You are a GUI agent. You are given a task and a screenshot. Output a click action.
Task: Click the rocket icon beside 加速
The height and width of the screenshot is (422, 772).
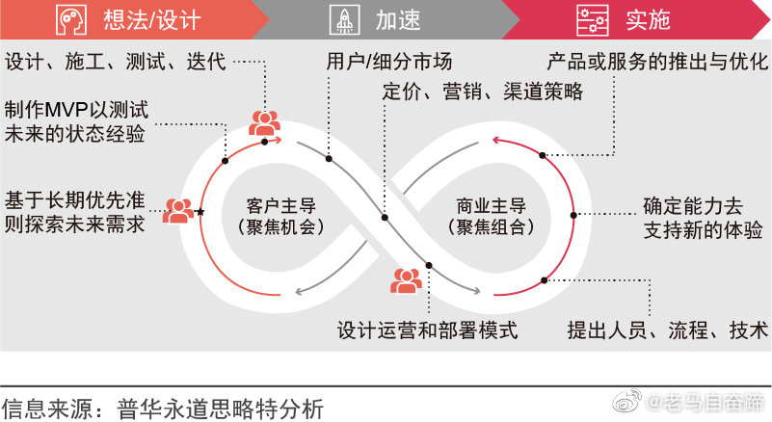click(x=345, y=19)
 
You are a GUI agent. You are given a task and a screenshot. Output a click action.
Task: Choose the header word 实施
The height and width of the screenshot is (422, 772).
click(x=646, y=19)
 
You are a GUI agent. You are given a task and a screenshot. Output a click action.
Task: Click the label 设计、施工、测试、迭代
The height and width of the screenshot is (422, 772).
click(x=116, y=63)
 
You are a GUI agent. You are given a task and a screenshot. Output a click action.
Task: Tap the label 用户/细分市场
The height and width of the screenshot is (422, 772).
click(x=388, y=63)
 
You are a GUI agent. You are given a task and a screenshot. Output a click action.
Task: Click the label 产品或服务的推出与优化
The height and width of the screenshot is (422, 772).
click(x=658, y=63)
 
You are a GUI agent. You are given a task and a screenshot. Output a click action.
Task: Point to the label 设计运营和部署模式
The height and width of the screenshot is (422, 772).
click(x=428, y=330)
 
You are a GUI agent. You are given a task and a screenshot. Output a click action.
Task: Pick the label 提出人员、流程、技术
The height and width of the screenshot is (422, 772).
click(x=668, y=330)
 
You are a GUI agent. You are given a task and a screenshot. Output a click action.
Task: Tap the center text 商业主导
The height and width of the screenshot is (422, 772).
click(x=491, y=205)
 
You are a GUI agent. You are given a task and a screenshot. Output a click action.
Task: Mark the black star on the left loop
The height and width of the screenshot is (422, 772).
click(x=200, y=211)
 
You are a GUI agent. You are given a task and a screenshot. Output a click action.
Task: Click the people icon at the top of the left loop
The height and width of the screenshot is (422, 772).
click(x=264, y=122)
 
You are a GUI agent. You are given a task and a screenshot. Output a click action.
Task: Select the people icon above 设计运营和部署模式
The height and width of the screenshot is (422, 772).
click(x=406, y=280)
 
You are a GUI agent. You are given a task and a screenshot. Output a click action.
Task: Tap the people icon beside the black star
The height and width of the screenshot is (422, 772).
click(x=177, y=210)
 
